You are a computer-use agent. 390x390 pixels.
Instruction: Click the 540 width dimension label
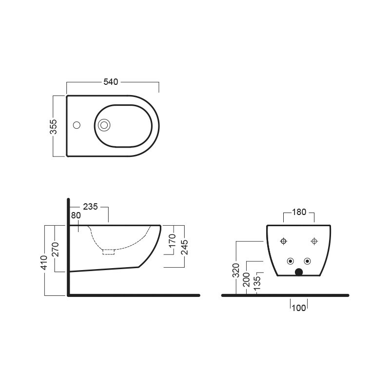(111, 82)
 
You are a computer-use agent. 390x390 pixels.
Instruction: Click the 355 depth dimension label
(54, 127)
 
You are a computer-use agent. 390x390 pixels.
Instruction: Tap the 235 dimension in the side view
(90, 207)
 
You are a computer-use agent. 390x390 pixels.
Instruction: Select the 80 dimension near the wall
(76, 215)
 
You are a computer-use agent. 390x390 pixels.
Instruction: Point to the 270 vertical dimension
(55, 250)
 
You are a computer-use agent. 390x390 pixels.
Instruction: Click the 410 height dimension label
(44, 263)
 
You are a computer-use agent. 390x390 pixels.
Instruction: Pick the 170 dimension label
(172, 241)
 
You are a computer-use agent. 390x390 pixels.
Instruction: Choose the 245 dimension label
(184, 247)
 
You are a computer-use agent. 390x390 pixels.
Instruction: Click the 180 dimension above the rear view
(299, 212)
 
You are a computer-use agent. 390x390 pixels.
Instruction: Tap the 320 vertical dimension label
(235, 271)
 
